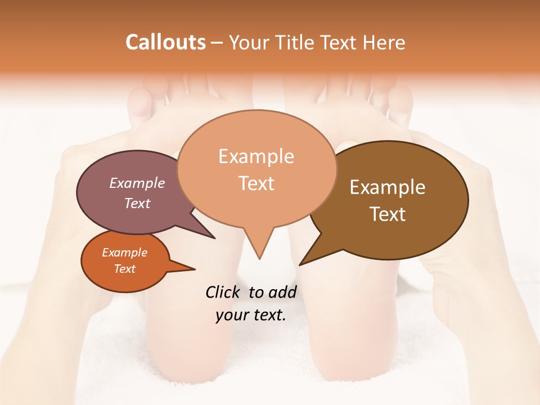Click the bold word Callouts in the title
point(165,42)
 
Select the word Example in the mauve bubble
point(137,183)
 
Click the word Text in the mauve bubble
point(137,203)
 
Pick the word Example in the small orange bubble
point(124,253)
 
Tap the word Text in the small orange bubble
point(124,269)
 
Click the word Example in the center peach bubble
point(256,156)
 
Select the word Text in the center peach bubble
point(256,183)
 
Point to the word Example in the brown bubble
point(388,187)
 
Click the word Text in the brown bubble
point(388,214)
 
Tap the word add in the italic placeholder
point(282,292)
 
